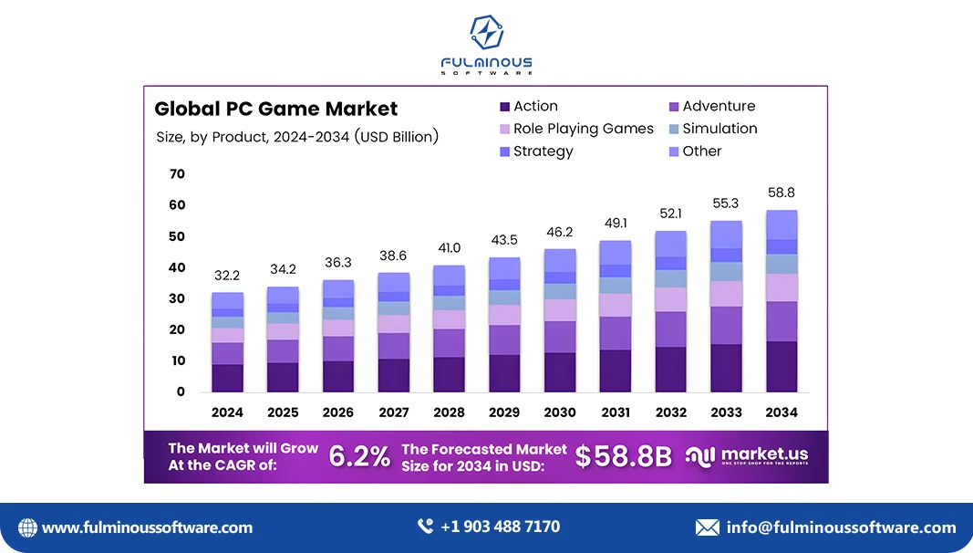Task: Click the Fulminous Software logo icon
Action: (x=486, y=34)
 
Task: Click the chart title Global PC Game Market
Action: (x=275, y=109)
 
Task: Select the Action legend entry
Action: (x=535, y=106)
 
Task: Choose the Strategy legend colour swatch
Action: (x=504, y=151)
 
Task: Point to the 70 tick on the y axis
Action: (x=177, y=173)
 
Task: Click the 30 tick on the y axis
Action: (x=177, y=298)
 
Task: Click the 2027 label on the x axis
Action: (x=393, y=412)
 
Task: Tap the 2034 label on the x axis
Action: (x=782, y=412)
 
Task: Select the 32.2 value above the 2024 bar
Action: (x=227, y=275)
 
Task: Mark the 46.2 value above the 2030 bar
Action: (x=560, y=233)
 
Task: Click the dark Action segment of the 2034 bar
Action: (x=782, y=367)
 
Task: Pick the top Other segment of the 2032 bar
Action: (x=670, y=244)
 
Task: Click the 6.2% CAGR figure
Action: (x=359, y=456)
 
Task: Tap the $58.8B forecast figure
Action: (x=623, y=456)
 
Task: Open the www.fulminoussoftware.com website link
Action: (x=147, y=527)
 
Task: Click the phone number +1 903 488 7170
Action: (x=500, y=527)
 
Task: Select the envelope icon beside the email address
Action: (x=707, y=527)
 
